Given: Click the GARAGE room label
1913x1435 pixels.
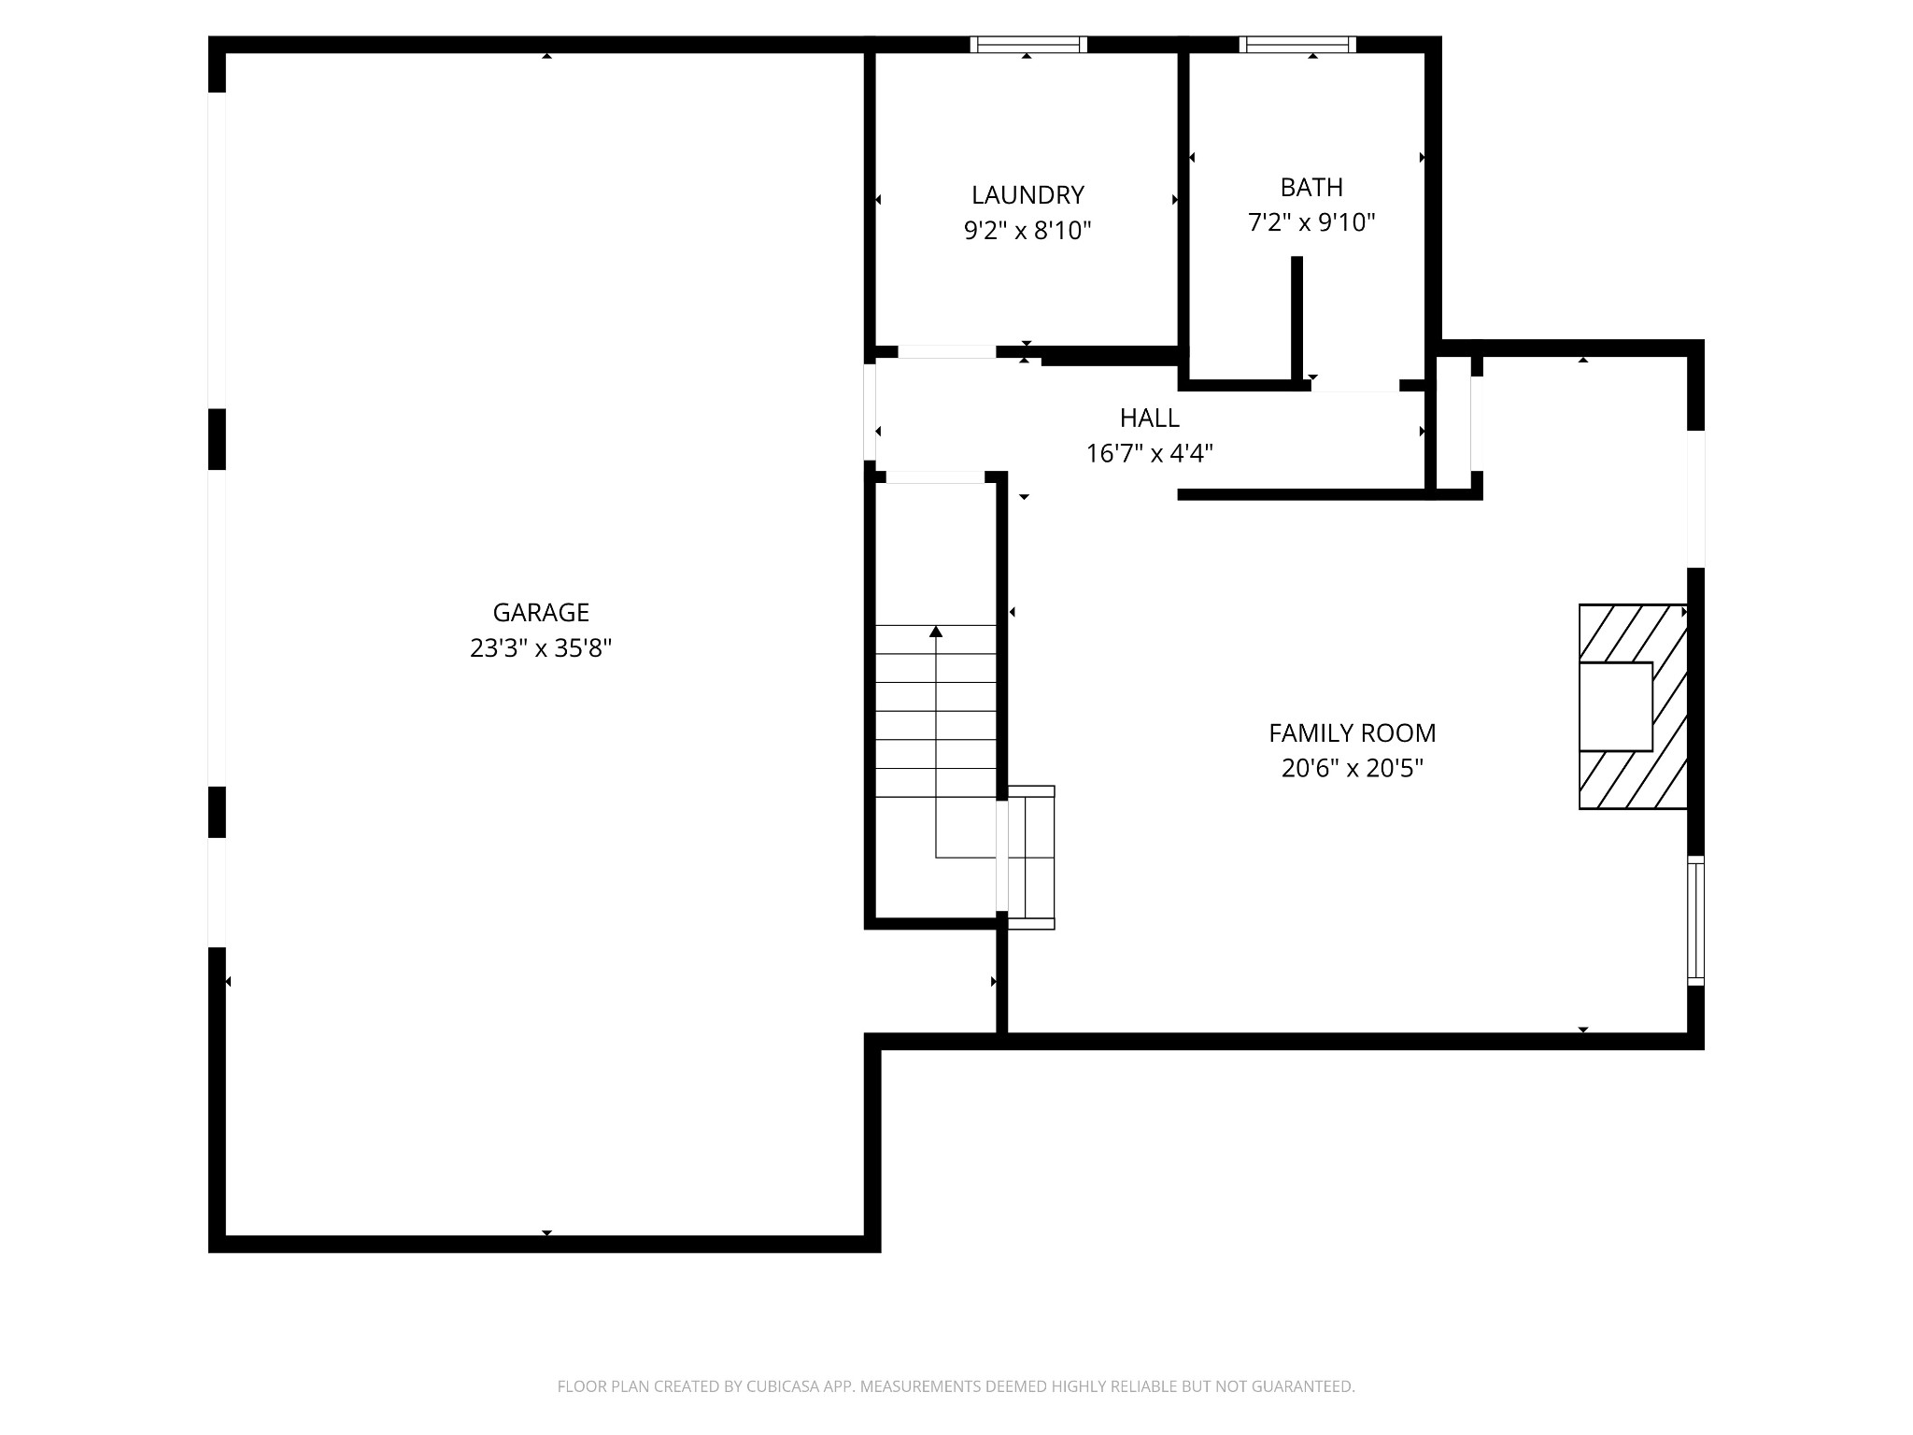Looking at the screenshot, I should (541, 612).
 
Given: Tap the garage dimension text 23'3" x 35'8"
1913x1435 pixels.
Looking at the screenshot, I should (541, 648).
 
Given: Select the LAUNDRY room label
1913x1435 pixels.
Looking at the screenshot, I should (1027, 194).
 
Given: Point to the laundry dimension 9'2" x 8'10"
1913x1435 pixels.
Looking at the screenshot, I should (1027, 230).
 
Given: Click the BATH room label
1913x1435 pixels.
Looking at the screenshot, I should (1311, 187).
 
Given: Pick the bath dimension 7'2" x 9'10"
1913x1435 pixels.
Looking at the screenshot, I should (1311, 222).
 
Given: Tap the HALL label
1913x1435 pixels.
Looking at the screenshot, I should (1149, 418).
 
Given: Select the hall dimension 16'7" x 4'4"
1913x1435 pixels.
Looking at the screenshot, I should (1149, 453).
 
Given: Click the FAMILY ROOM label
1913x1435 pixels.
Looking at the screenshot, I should (1352, 733).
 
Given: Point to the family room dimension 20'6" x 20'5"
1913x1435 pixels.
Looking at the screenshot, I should (1352, 769).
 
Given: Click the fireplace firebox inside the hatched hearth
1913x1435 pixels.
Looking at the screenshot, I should (1615, 706).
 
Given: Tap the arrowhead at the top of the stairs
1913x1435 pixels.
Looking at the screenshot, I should (936, 632).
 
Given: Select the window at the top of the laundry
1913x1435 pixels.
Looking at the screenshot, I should (1027, 44).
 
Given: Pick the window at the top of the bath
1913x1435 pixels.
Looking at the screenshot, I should (1297, 44).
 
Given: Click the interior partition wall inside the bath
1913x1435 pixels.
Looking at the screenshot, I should (1297, 318).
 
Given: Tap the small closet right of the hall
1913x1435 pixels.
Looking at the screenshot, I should (1453, 422).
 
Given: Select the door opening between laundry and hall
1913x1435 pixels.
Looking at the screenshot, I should (947, 352).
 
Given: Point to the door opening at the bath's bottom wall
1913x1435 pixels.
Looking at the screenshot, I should (1354, 386).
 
